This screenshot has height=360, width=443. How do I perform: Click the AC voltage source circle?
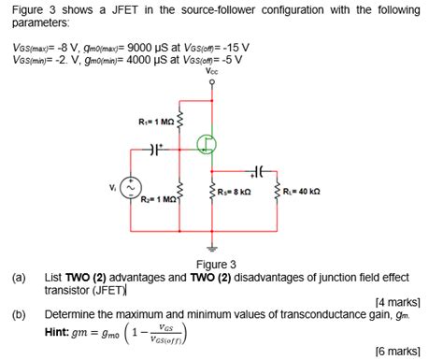(135, 188)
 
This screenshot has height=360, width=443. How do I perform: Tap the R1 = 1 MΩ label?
(154, 121)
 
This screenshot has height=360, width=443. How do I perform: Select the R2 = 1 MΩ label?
(156, 200)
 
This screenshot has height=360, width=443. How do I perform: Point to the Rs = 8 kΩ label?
(236, 191)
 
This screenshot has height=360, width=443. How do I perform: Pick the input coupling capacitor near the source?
(155, 149)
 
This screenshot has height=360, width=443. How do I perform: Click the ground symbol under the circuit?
(209, 248)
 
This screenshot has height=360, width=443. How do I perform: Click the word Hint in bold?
(60, 331)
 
